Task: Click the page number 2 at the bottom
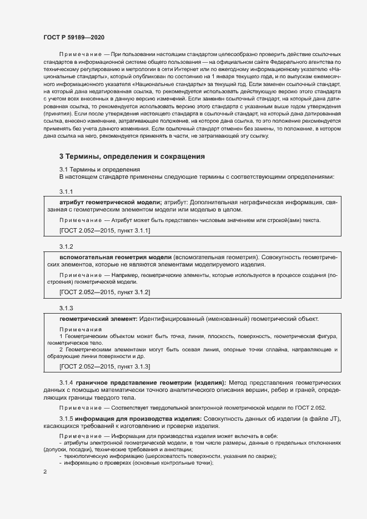(45, 472)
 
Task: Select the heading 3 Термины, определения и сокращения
(132, 157)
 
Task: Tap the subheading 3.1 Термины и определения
(99, 169)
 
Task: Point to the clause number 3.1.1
(67, 192)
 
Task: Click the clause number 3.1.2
(67, 246)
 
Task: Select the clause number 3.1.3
(67, 308)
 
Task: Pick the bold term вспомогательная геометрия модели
(115, 257)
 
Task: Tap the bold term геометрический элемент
(98, 319)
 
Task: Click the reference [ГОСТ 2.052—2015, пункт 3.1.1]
(104, 230)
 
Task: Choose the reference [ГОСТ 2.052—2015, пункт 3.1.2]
(104, 291)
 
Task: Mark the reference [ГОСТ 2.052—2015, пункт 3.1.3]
(104, 367)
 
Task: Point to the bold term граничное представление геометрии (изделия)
(150, 383)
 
